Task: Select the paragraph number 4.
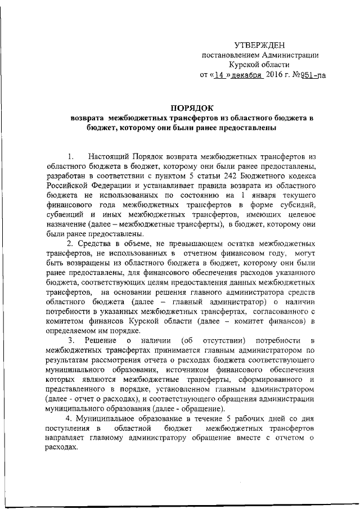(69, 418)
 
